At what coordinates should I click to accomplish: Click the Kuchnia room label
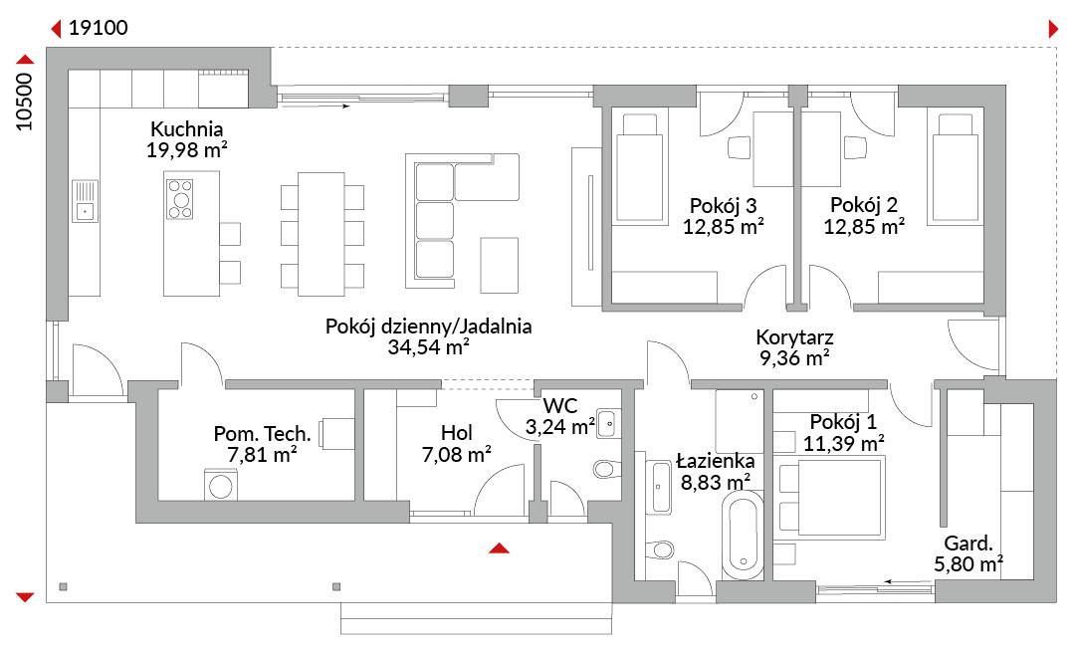pos(186,129)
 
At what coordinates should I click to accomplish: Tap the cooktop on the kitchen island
pos(180,199)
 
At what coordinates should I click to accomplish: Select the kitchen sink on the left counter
pos(85,201)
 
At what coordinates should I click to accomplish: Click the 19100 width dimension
pos(98,28)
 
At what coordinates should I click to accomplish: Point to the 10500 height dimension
pos(24,102)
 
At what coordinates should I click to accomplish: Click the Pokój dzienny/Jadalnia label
pos(428,326)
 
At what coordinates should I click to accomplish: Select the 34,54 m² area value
pos(428,347)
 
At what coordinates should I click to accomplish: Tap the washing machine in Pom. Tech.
pos(221,485)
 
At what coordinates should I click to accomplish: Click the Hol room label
pos(457,433)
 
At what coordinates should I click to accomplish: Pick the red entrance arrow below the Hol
pos(499,547)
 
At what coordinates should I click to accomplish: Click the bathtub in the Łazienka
pos(743,536)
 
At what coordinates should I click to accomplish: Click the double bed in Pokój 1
pos(830,498)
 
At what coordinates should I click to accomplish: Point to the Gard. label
pos(968,544)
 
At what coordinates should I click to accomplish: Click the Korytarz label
pos(794,336)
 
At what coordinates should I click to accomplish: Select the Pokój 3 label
pos(724,205)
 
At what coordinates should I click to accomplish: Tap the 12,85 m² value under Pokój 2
pos(864,226)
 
